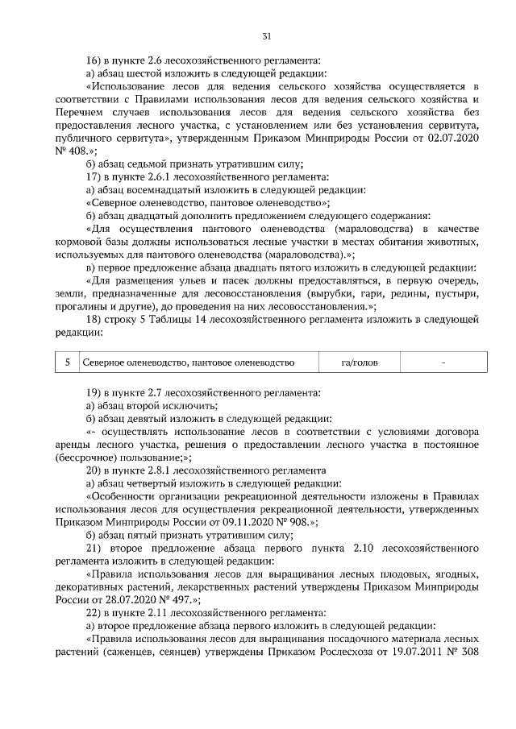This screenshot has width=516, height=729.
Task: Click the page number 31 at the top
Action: pyautogui.click(x=266, y=35)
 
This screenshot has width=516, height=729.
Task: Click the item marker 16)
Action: pyautogui.click(x=94, y=60)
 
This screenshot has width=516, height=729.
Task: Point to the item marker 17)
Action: pyautogui.click(x=94, y=176)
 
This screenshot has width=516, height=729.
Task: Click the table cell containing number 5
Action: pyautogui.click(x=67, y=363)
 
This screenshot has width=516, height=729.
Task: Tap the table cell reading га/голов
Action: pyautogui.click(x=359, y=363)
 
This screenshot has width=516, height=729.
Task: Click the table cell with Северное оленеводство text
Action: pyautogui.click(x=188, y=363)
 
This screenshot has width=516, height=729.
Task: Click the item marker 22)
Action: pyautogui.click(x=94, y=612)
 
